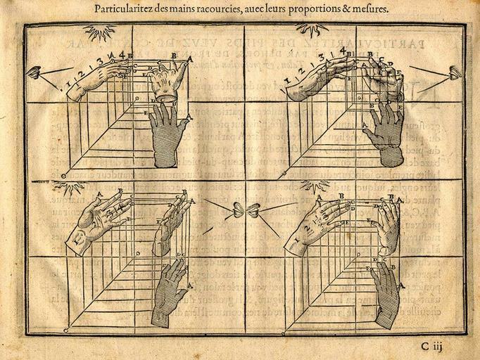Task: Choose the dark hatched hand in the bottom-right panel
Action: (x=386, y=295)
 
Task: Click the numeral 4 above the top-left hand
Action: (x=122, y=55)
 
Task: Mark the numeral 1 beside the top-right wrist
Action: (x=286, y=90)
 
